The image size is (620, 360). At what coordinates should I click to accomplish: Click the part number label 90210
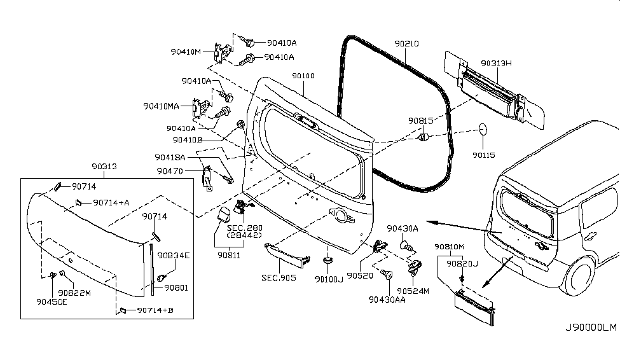click(407, 44)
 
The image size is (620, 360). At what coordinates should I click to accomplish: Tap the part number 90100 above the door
click(303, 76)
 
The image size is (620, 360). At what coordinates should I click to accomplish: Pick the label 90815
click(420, 120)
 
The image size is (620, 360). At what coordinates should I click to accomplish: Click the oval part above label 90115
click(483, 129)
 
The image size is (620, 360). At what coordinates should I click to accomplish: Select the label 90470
click(170, 171)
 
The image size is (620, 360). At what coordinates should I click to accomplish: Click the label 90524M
click(416, 291)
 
